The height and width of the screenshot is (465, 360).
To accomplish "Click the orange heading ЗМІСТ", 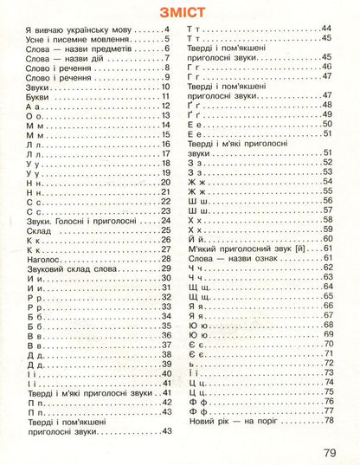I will (180, 13).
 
